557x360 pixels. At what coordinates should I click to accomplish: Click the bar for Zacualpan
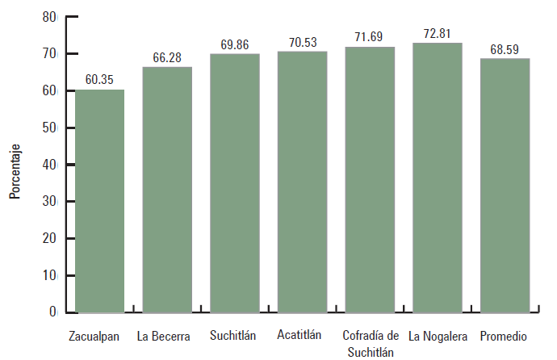pos(100,201)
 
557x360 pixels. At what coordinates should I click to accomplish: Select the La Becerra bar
pos(167,190)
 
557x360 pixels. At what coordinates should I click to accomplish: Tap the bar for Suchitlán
pos(234,183)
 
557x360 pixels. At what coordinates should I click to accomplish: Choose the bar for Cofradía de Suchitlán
pos(370,180)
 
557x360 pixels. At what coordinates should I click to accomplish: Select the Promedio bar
pos(505,185)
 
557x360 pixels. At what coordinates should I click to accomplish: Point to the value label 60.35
pos(100,81)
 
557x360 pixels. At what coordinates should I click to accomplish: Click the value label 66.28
pos(167,58)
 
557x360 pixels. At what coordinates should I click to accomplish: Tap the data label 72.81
pos(437,34)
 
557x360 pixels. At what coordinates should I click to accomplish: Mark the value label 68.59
pos(505,49)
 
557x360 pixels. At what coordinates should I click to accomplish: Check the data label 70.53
pos(302,42)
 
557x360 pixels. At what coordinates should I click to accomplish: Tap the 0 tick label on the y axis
pos(52,312)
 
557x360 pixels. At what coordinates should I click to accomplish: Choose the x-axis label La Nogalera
pos(437,336)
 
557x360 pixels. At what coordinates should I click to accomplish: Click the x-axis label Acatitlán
pos(299,334)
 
